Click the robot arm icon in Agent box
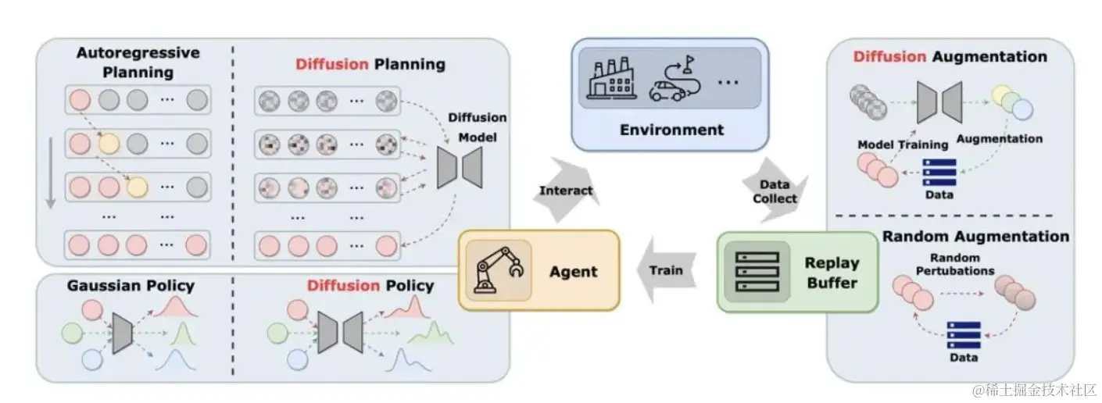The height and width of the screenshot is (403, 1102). [x=497, y=270]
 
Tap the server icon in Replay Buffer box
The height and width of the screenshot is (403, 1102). [x=751, y=271]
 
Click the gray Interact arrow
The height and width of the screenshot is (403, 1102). [x=567, y=190]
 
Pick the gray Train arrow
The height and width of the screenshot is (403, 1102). [x=667, y=270]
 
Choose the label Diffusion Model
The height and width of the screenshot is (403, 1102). [x=477, y=127]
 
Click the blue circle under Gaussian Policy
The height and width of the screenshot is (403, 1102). [x=92, y=360]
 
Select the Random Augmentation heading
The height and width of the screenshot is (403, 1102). [x=975, y=236]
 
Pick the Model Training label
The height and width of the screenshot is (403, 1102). [x=902, y=144]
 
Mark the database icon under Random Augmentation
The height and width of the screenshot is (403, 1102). [x=963, y=335]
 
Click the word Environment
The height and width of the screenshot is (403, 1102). [x=672, y=130]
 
